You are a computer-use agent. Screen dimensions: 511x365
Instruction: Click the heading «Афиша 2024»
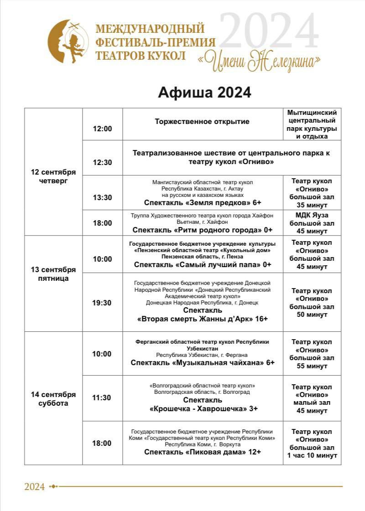click(x=204, y=93)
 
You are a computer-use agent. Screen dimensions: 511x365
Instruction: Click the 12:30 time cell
click(x=102, y=162)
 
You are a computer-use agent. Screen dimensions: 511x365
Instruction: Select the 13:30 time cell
click(x=102, y=197)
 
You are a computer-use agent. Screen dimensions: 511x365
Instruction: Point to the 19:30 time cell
click(x=102, y=303)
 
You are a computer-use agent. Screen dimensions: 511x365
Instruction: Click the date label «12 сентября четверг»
click(x=53, y=176)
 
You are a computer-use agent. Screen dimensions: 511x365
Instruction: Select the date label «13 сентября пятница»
click(x=53, y=274)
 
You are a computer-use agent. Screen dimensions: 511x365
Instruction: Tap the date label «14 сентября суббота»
click(x=53, y=399)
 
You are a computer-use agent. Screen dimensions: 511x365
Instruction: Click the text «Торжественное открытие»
click(x=202, y=122)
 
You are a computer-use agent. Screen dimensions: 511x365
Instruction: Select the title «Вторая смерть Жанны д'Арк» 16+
click(x=203, y=319)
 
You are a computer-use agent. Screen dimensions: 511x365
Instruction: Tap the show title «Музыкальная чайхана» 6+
click(x=203, y=363)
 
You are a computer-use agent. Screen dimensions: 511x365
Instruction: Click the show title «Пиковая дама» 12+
click(x=203, y=452)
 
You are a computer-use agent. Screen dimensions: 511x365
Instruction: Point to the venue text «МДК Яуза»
click(x=312, y=215)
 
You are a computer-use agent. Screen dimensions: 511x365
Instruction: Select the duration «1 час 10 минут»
click(x=313, y=455)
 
